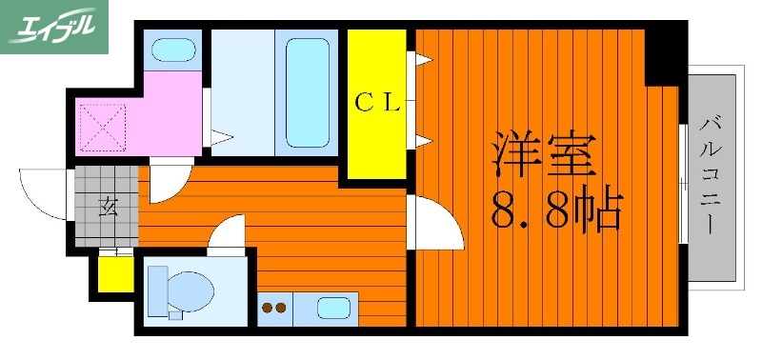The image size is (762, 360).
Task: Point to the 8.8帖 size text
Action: [556, 212]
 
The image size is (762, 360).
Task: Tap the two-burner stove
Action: [274, 308]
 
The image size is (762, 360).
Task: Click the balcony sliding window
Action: [683, 180]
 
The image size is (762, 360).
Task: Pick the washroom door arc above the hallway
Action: [160, 180]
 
